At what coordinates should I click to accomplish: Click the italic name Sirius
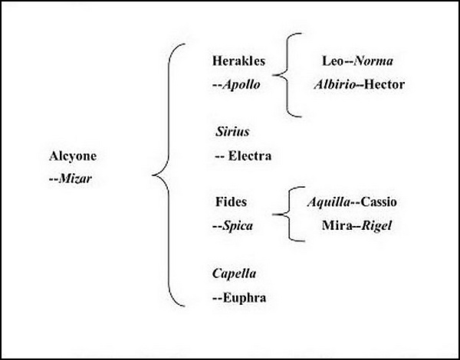pos(233,132)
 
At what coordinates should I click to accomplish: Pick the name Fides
pos(232,202)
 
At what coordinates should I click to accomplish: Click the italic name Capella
pos(235,273)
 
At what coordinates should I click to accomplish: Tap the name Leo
pos(333,60)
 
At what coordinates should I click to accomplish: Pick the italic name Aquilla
pos(327,202)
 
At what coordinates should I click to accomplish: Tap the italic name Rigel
pos(376,226)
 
